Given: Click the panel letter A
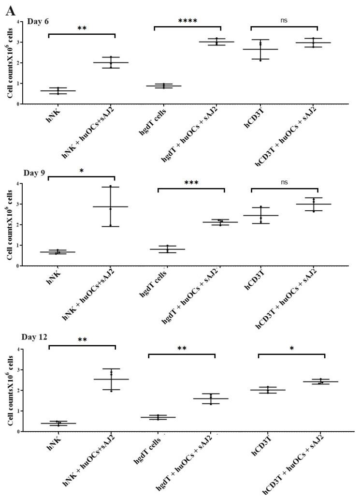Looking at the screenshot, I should (x=10, y=10).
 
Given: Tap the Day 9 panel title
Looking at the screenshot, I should (x=36, y=173).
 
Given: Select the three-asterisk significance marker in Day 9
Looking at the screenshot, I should (x=191, y=183).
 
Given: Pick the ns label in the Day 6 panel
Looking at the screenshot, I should (x=284, y=21).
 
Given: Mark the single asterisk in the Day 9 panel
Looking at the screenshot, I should (x=81, y=171).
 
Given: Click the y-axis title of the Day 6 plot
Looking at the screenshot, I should (x=10, y=63).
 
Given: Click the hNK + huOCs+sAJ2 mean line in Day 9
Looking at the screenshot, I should (x=110, y=206).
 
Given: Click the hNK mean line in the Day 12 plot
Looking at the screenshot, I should (x=58, y=423).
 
